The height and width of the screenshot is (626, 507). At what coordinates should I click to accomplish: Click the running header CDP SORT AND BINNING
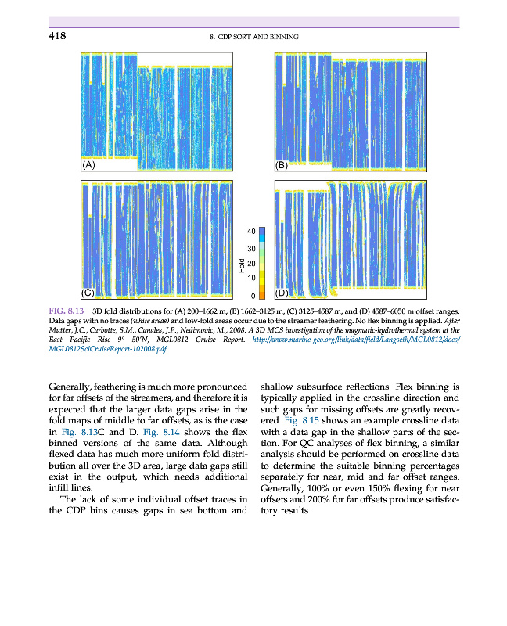[254, 37]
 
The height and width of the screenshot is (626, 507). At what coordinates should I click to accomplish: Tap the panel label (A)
[88, 165]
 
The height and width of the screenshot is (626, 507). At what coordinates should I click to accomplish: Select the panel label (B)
[282, 165]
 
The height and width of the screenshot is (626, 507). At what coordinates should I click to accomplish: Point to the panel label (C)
[88, 293]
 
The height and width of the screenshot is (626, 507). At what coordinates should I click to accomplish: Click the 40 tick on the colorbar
[250, 232]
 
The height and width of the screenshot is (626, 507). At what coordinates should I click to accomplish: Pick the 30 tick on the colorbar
[250, 248]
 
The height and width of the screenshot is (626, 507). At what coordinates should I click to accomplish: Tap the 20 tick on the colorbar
[250, 264]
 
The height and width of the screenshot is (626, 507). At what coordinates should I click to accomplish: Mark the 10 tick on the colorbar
[250, 279]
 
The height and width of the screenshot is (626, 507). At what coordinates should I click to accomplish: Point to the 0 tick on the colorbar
[252, 296]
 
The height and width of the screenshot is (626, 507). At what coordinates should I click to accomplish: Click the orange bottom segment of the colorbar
[263, 293]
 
